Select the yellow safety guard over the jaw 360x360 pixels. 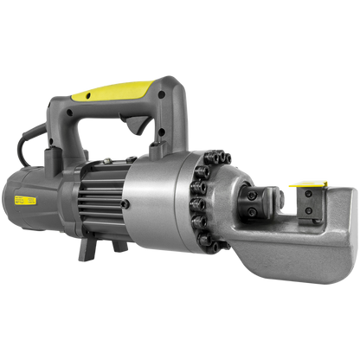point(307,184)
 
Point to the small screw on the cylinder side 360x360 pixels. point(125,204)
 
